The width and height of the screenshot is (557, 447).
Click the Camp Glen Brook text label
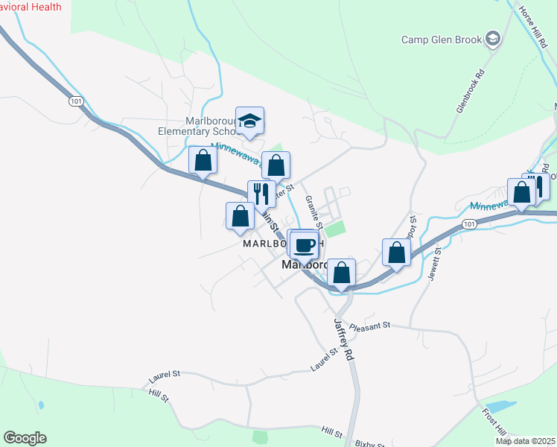[442, 39]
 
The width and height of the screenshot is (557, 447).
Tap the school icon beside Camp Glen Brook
[492, 38]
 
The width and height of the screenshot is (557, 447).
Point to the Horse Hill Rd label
[533, 25]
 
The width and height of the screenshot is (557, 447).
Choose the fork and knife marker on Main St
[261, 194]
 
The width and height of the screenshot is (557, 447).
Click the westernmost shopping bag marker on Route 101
[203, 161]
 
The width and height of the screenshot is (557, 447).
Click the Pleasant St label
[370, 326]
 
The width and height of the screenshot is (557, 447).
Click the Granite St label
[316, 212]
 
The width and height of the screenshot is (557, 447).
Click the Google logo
[25, 438]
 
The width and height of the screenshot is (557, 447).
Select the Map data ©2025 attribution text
[525, 441]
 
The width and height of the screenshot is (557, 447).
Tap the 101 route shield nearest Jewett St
[468, 223]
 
